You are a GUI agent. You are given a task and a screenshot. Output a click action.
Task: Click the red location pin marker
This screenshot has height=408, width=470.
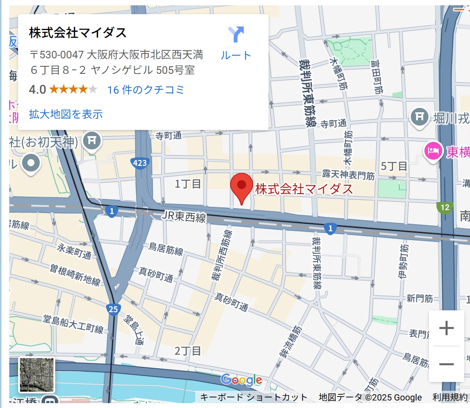[x=242, y=187]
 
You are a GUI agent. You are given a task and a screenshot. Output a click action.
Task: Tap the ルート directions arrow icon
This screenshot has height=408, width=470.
[x=236, y=34]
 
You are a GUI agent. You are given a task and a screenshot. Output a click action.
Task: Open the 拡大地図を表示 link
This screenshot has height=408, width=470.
[x=66, y=114]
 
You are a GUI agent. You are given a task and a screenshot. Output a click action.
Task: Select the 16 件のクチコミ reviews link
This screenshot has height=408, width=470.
[x=145, y=90]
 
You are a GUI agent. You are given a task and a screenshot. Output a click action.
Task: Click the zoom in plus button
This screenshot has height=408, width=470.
[x=446, y=328]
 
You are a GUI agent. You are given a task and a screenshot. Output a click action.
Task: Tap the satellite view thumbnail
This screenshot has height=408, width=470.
[x=37, y=375]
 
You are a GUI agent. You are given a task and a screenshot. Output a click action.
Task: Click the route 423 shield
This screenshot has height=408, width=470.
[x=139, y=163]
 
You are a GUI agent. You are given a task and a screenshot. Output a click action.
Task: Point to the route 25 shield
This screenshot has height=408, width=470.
[x=113, y=309]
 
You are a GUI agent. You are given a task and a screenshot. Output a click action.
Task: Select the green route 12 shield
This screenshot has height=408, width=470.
[x=444, y=207]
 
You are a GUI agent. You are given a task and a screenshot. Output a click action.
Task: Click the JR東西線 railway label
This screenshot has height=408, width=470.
[x=184, y=217]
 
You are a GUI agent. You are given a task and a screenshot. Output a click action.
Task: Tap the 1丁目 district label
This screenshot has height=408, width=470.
[x=188, y=183]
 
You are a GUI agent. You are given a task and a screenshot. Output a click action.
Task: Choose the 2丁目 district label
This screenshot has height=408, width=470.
[x=188, y=351]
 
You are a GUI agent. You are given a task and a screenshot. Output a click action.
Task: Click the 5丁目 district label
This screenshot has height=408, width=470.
[x=394, y=166]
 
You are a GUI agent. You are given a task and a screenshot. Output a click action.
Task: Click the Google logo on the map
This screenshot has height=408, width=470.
[x=241, y=380]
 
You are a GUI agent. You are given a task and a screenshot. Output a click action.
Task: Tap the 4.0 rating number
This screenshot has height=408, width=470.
[x=38, y=90]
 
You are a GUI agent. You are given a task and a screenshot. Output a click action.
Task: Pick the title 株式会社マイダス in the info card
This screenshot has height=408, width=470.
[x=78, y=33]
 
